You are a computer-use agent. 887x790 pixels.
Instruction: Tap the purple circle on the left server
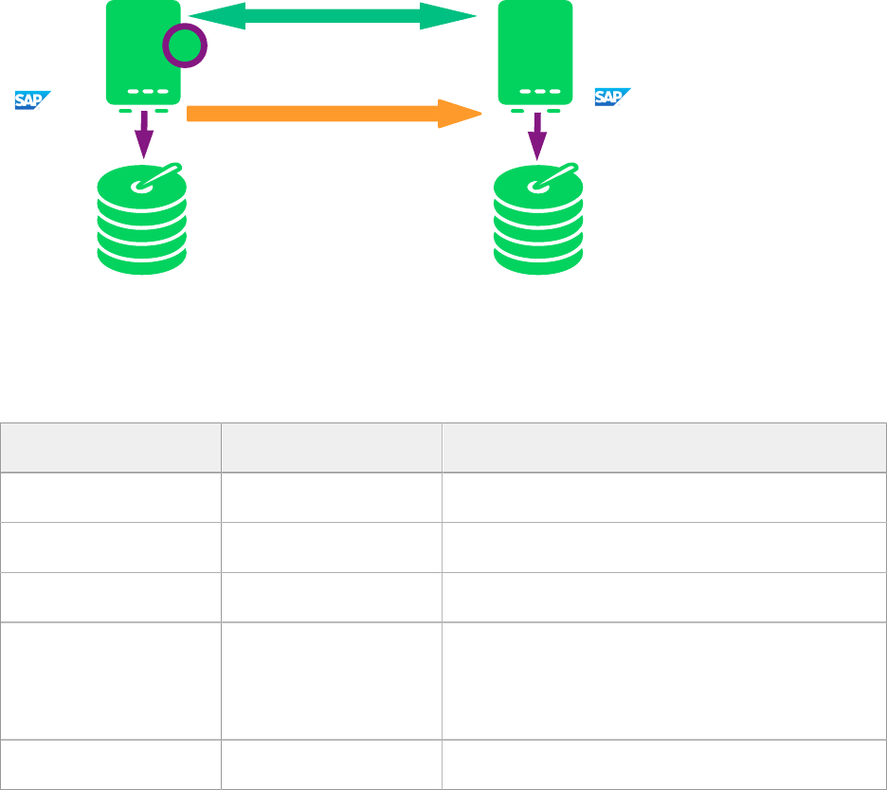pyautogui.click(x=184, y=45)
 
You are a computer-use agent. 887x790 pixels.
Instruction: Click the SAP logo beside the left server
pyautogui.click(x=32, y=99)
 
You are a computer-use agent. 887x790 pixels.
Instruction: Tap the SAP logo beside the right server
pyautogui.click(x=612, y=97)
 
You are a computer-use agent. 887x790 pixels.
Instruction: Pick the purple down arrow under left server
pyautogui.click(x=143, y=138)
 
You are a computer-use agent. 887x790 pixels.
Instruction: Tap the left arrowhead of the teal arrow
pyautogui.click(x=203, y=16)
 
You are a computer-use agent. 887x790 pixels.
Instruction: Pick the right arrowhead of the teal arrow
pyautogui.click(x=455, y=16)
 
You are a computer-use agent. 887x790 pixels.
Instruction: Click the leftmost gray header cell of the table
pyautogui.click(x=111, y=447)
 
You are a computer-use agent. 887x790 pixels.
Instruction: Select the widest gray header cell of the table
pyautogui.click(x=663, y=447)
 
